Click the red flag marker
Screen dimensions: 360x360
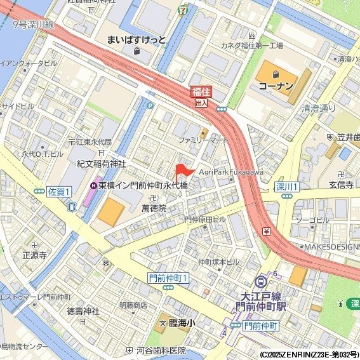(x=183, y=170)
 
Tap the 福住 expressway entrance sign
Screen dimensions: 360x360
(x=201, y=97)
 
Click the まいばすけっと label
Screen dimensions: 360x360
(x=137, y=40)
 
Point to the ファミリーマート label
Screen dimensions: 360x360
(x=203, y=139)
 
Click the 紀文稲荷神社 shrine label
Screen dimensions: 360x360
(x=101, y=164)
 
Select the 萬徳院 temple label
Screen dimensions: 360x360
(x=153, y=208)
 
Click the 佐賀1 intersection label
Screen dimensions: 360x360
(x=60, y=191)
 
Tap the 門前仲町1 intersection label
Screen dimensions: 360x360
(x=168, y=278)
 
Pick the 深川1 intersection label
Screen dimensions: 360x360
(x=287, y=187)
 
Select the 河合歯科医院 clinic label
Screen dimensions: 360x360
(x=161, y=350)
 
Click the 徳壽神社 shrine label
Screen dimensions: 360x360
(x=83, y=311)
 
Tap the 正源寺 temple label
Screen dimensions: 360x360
(x=34, y=255)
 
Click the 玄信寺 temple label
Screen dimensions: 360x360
(x=341, y=185)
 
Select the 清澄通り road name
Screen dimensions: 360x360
(x=319, y=109)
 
